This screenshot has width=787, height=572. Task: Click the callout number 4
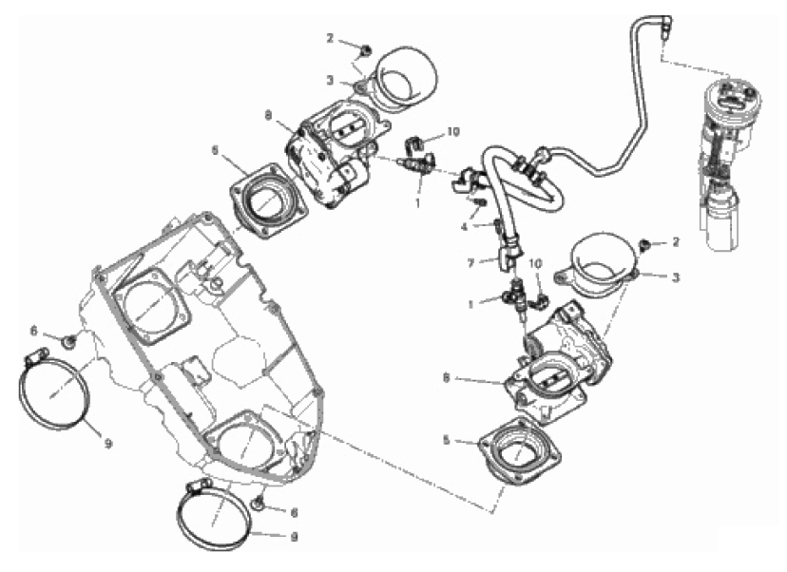465,227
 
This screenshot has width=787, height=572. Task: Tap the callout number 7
469,260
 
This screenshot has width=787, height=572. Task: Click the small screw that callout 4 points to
481,201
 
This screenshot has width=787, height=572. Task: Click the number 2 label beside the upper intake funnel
331,39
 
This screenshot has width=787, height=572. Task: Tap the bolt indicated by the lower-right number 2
646,245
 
